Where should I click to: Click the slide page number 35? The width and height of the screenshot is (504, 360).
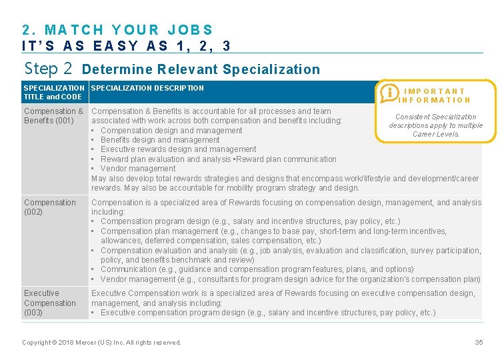point(479,342)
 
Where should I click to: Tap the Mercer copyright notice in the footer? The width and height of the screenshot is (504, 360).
point(101,342)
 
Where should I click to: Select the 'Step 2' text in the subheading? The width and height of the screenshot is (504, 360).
point(48,69)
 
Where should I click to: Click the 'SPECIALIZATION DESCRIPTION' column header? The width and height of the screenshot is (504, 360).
point(147,88)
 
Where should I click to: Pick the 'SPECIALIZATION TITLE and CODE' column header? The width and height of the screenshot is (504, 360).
point(54,92)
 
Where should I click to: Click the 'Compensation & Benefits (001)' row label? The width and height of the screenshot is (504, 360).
point(53,116)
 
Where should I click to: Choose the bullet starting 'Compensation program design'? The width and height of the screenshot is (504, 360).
point(250,221)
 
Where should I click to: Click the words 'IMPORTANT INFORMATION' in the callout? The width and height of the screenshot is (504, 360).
point(435,95)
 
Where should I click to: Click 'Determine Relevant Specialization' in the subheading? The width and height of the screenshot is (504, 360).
point(201,69)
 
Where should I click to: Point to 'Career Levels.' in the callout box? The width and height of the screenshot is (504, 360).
point(436,134)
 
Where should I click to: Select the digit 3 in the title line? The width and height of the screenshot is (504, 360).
point(227,46)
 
